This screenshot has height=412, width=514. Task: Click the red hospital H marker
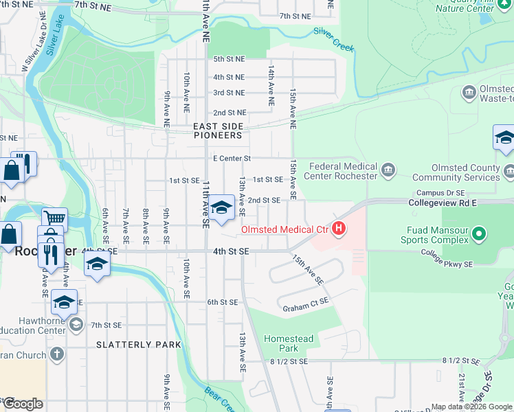[338, 229]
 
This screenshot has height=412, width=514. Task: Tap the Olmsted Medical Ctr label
[284, 229]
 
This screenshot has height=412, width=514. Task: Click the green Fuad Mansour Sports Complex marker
[478, 236]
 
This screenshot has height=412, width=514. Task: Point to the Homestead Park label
[289, 343]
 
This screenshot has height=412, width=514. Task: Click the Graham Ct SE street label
[305, 309]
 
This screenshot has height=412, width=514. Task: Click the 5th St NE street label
[229, 60]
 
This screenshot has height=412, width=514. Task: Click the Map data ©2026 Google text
[471, 407]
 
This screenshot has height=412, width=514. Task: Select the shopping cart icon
[54, 218]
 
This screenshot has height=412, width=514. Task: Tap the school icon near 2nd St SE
[221, 208]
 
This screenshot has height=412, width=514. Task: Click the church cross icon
[56, 354]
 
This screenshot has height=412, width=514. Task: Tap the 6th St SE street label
[222, 302]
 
